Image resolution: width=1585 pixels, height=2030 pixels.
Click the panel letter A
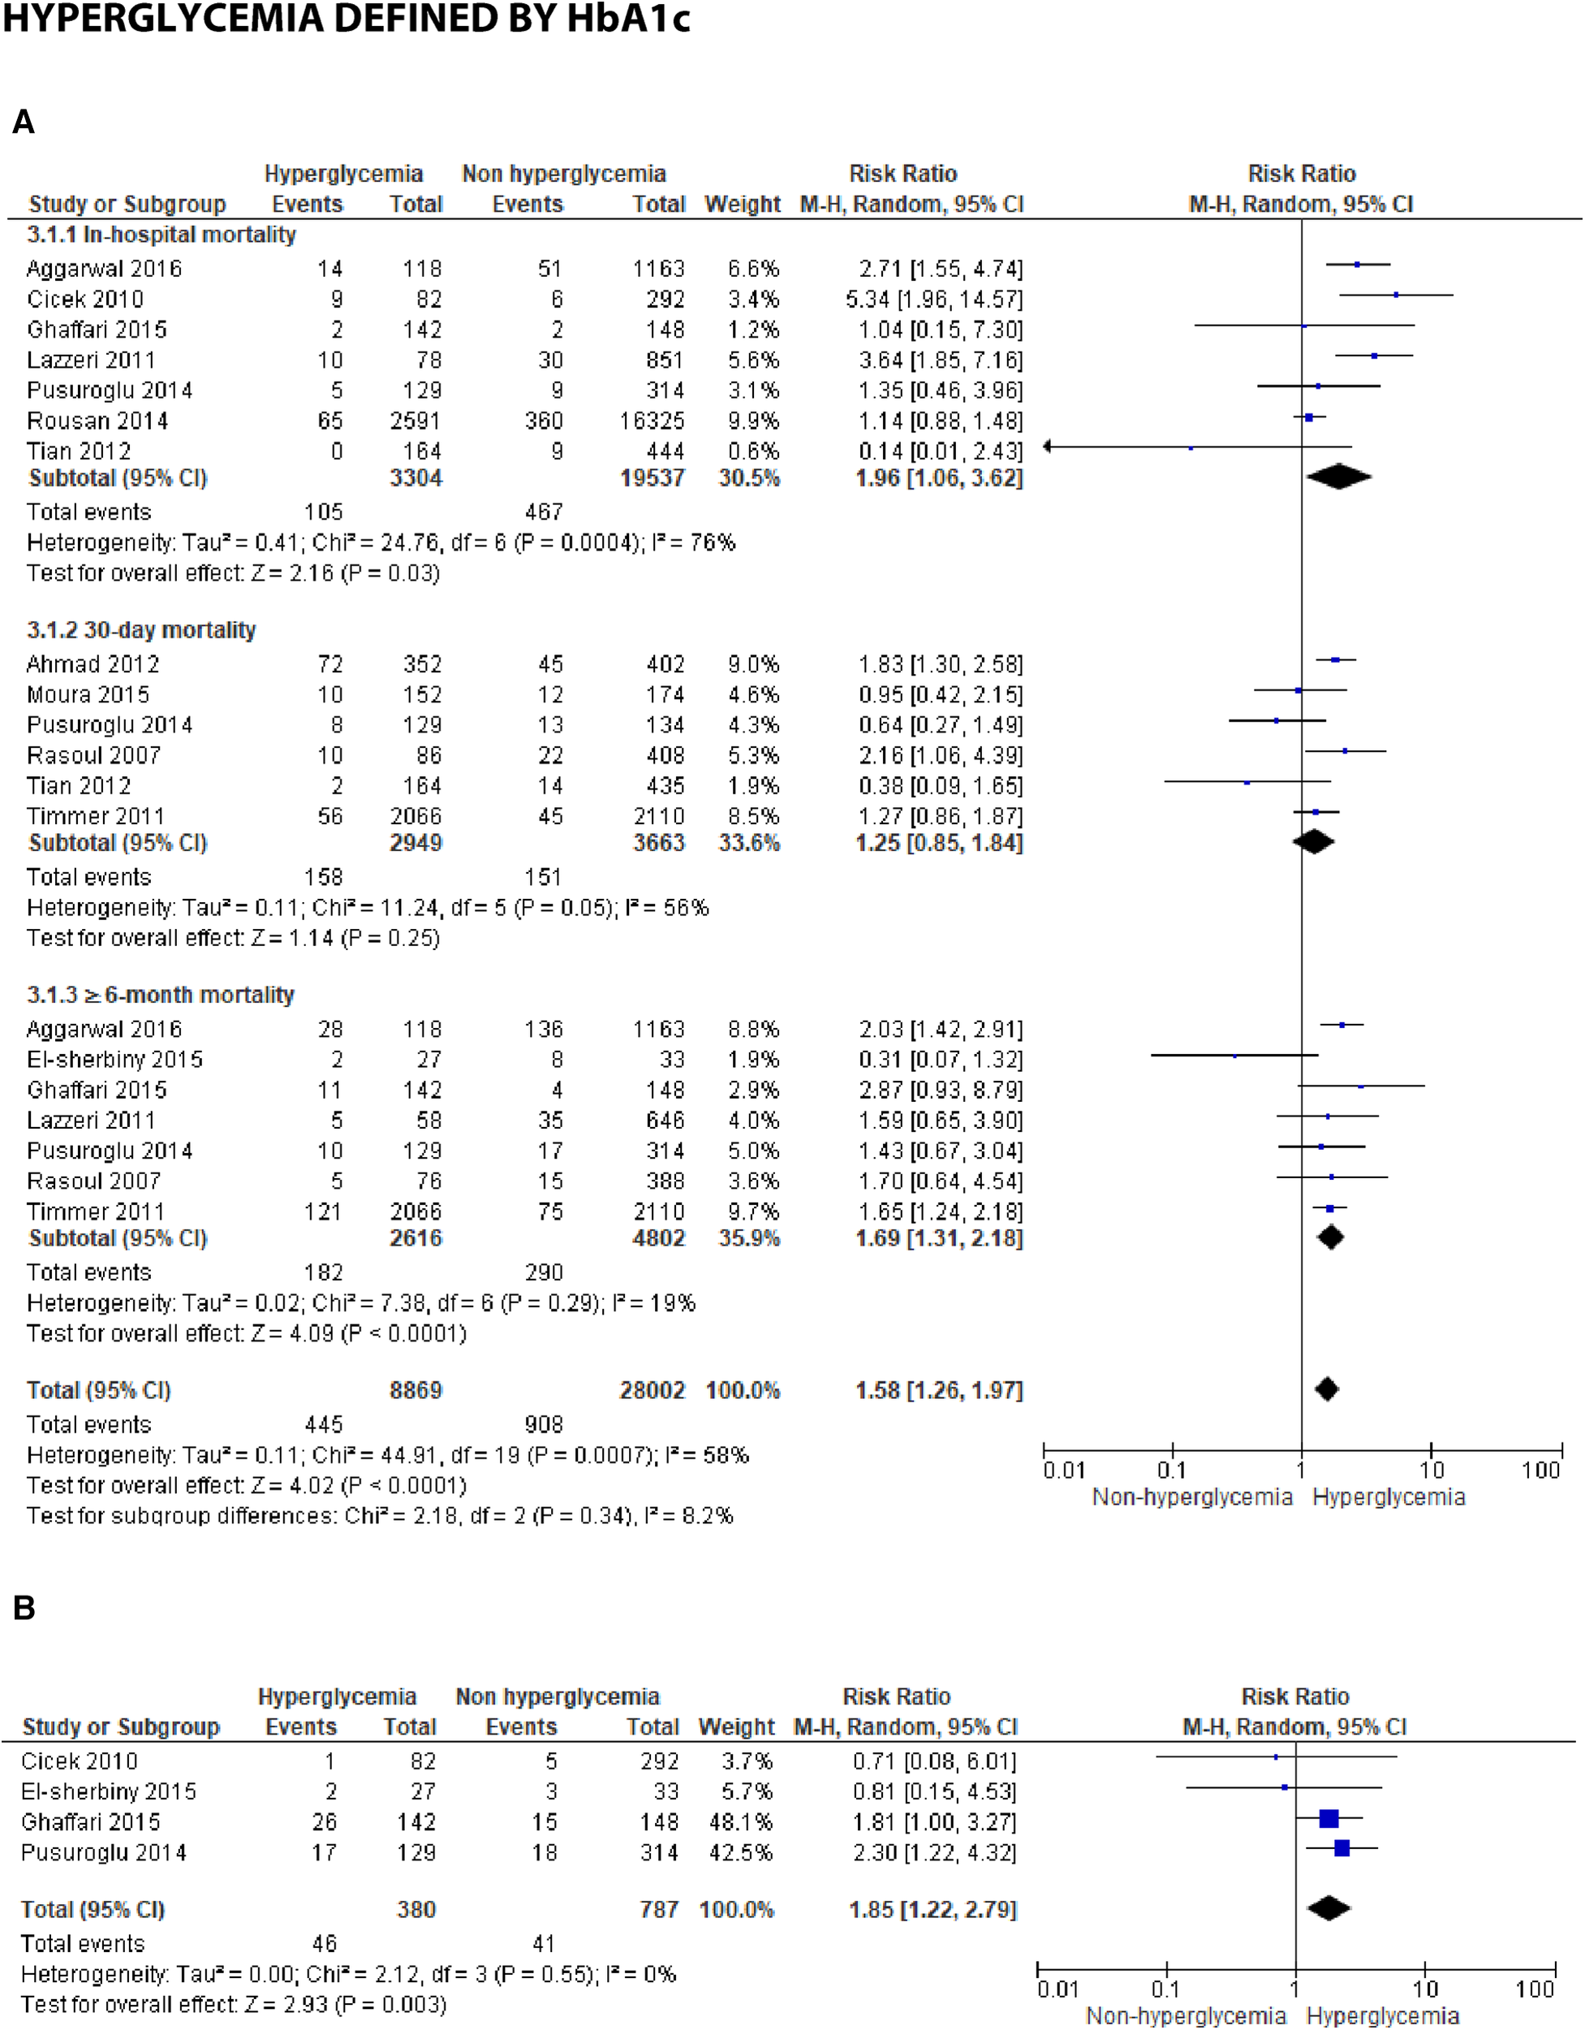click(24, 122)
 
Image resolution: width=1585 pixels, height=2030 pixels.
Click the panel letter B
click(24, 1607)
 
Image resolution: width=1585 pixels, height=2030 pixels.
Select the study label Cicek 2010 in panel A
click(84, 300)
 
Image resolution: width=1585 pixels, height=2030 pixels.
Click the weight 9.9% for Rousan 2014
click(752, 421)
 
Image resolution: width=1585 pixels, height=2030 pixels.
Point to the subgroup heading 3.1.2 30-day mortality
click(140, 630)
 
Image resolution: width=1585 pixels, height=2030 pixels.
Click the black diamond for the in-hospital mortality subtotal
click(1337, 477)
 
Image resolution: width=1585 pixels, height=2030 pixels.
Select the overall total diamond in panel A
click(1327, 1389)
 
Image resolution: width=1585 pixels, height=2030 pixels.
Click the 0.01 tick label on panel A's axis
click(1064, 1471)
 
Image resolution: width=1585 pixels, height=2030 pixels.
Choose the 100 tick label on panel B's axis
click(1534, 1989)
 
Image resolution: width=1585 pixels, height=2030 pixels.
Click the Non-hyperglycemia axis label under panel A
click(1192, 1497)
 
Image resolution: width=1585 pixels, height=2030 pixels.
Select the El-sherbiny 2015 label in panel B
click(109, 1791)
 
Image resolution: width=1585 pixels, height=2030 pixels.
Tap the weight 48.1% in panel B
click(740, 1822)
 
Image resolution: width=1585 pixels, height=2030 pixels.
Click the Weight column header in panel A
click(743, 204)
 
